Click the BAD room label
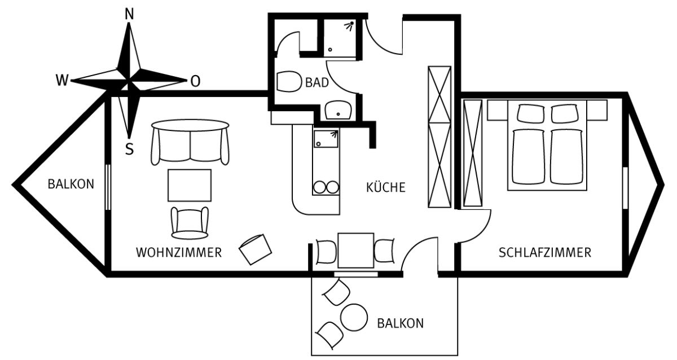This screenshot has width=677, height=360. coord(317,82)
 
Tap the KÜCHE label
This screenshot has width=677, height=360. coord(386,187)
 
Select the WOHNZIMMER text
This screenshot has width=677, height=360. coord(179,252)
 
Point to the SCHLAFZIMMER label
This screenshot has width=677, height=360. coord(545,252)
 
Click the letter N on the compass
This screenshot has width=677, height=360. coord(129,14)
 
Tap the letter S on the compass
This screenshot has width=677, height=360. coord(129,149)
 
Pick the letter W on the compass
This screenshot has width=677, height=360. coord(62,80)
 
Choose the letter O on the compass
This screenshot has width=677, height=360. coord(196,81)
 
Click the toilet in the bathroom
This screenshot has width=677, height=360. coord(289,81)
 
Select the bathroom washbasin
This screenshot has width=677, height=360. coord(338,110)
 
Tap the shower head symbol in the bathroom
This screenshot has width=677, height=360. coord(350,25)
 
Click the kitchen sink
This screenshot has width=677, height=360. coord(326,139)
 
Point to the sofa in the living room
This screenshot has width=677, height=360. coord(190,142)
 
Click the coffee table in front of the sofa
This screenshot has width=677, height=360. coord(190,185)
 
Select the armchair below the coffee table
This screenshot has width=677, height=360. coord(190,223)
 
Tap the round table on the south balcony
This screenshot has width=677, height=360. coord(354,317)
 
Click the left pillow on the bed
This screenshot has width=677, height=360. coord(530,113)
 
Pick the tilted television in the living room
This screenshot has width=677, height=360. coord(256,249)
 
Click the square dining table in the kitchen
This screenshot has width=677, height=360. coord(356,251)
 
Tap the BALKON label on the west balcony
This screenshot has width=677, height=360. coord(71,184)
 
